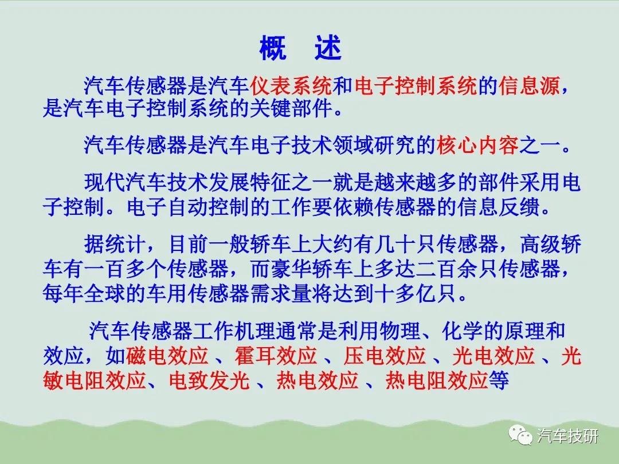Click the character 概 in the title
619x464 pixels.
click(273, 48)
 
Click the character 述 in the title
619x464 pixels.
click(328, 48)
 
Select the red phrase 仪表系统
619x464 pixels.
click(291, 85)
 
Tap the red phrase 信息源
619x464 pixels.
click(530, 85)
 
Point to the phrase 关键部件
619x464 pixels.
click(291, 108)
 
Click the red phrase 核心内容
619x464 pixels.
click(477, 145)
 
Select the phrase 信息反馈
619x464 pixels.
click(499, 207)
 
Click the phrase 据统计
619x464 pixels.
click(115, 244)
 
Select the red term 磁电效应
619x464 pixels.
click(167, 356)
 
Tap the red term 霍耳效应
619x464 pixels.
click(276, 356)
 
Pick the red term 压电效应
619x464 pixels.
click(385, 356)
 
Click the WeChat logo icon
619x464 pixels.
click(520, 435)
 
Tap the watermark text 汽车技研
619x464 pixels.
click(567, 436)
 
